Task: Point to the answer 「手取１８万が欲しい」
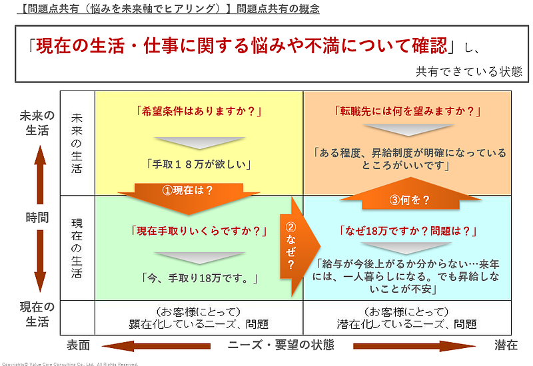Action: click(x=199, y=162)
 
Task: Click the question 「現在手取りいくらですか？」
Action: click(x=200, y=232)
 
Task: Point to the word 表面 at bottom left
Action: click(x=79, y=345)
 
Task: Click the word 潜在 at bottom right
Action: click(x=506, y=345)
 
